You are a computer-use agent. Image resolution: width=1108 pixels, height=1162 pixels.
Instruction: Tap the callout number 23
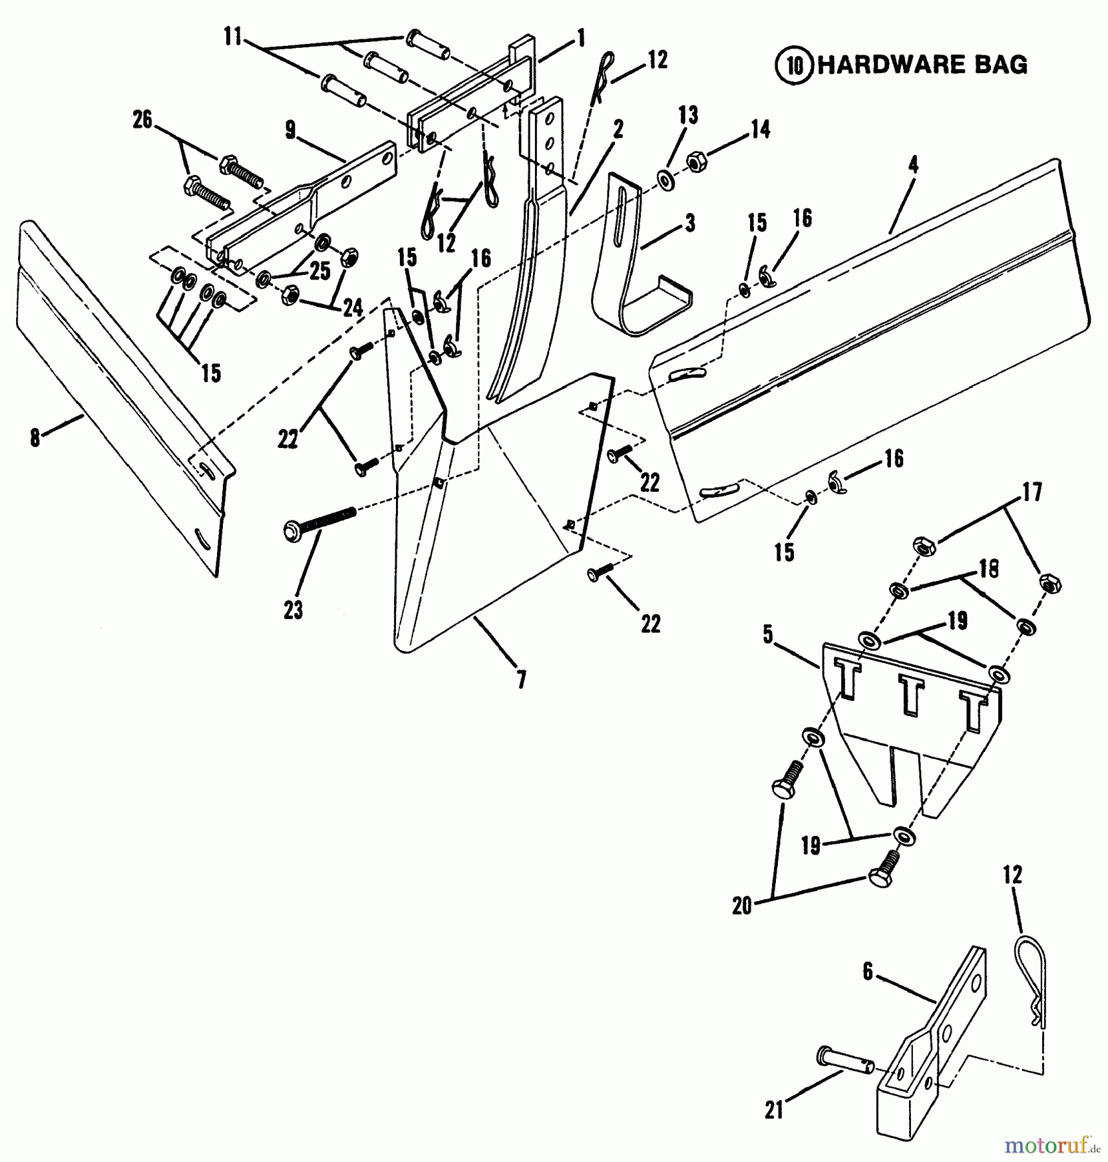[x=293, y=609]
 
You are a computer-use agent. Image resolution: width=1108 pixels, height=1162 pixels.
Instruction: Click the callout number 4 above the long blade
[x=913, y=165]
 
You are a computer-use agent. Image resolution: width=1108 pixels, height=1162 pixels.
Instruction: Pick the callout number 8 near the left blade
[x=35, y=438]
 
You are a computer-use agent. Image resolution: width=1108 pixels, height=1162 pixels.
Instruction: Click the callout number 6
[x=868, y=970]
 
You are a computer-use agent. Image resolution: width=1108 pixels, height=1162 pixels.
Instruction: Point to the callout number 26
[x=142, y=120]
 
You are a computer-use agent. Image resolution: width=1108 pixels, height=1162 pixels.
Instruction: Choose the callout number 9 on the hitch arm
[x=291, y=130]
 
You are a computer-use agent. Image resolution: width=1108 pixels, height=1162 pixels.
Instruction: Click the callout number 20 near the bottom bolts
[x=742, y=906]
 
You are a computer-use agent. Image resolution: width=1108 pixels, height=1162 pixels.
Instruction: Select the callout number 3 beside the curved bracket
[x=690, y=224]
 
